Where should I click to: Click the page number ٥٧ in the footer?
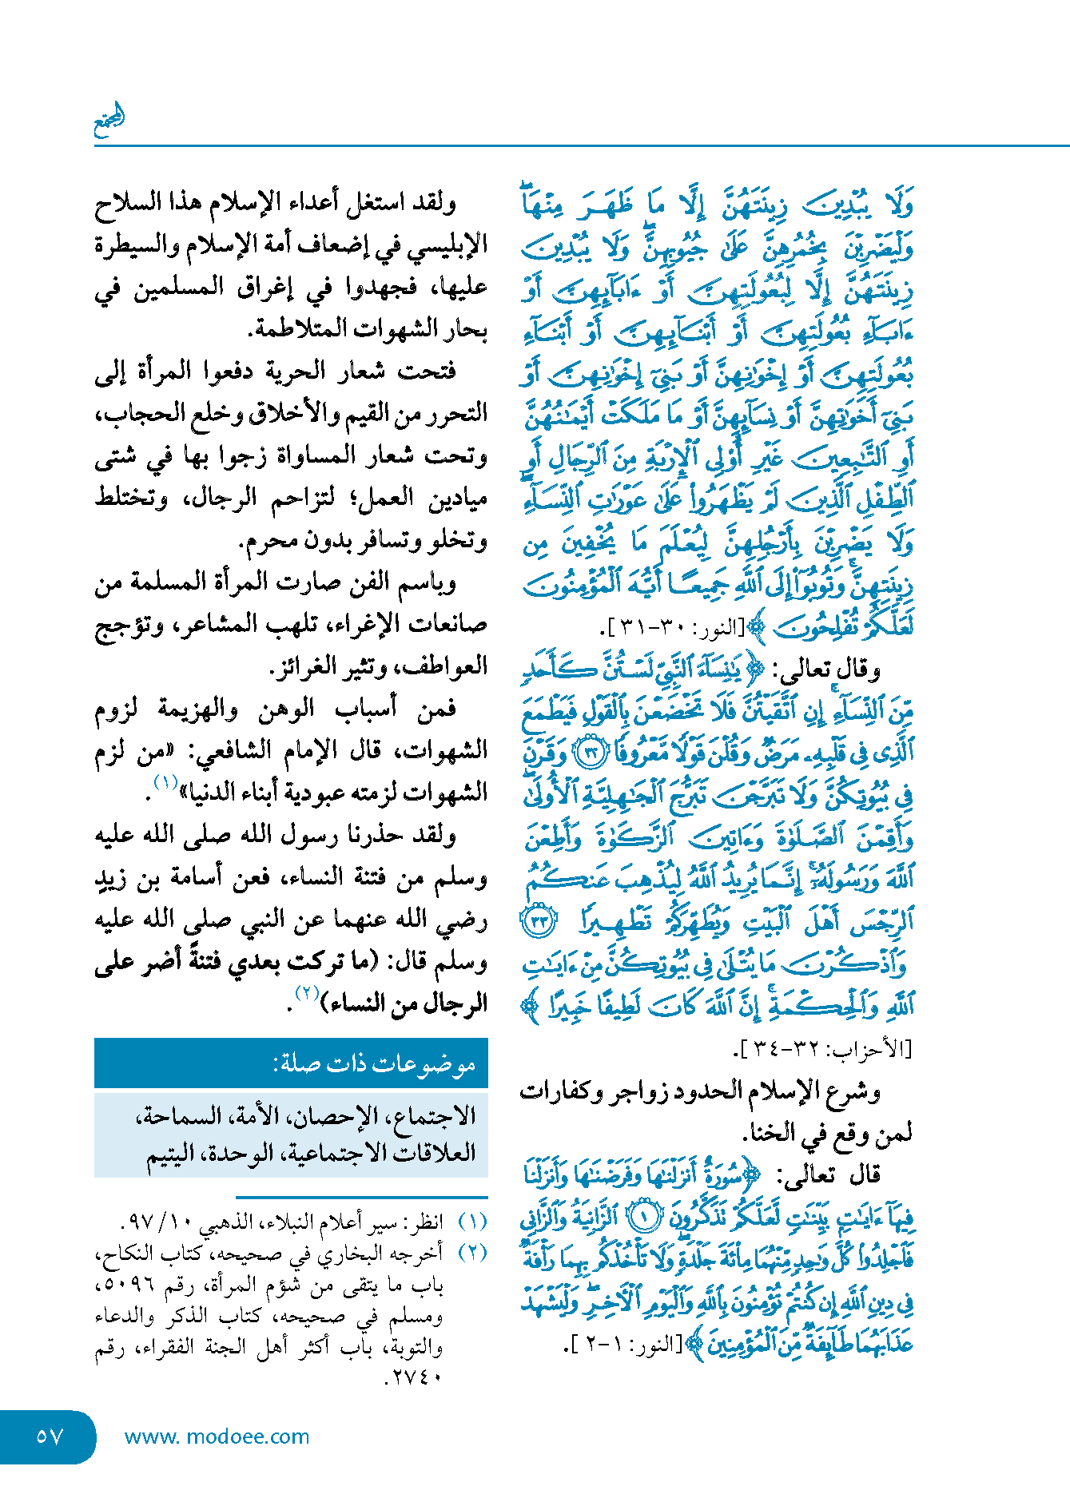pos(50,1436)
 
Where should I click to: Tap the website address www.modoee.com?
pos(217,1436)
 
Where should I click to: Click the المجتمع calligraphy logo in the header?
pos(109,121)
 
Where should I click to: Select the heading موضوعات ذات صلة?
pos(374,1063)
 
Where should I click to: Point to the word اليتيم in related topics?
pos(171,1155)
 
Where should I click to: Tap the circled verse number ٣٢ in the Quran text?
pos(592,753)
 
